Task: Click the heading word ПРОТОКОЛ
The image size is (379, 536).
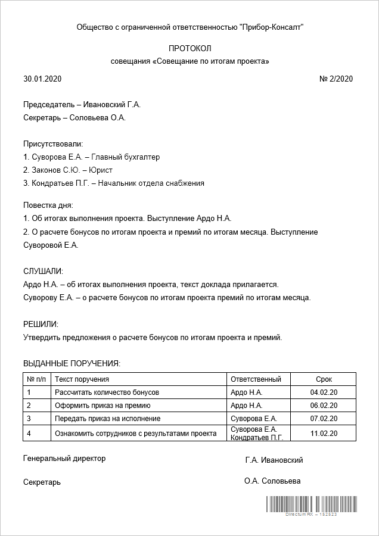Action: [189, 48]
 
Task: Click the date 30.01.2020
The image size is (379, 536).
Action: [42, 79]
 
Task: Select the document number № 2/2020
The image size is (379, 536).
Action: [336, 79]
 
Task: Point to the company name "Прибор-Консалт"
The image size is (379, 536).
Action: [271, 27]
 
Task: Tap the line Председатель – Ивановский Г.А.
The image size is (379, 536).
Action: [82, 105]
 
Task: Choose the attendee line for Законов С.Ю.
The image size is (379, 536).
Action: [68, 170]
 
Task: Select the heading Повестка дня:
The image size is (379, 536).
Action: [48, 205]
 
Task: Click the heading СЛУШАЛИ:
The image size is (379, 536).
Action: [43, 272]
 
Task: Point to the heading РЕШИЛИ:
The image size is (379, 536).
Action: [41, 324]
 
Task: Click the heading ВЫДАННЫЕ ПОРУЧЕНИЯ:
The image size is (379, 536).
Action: [72, 363]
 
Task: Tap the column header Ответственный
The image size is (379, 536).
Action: [255, 379]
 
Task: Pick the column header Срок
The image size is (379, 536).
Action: [324, 379]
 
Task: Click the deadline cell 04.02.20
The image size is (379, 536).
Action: [324, 392]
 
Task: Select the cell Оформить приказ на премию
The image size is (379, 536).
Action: [102, 406]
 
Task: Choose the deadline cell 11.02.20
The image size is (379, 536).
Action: [324, 434]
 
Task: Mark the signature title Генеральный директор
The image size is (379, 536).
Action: [64, 459]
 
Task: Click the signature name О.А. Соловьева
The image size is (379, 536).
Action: [272, 481]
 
